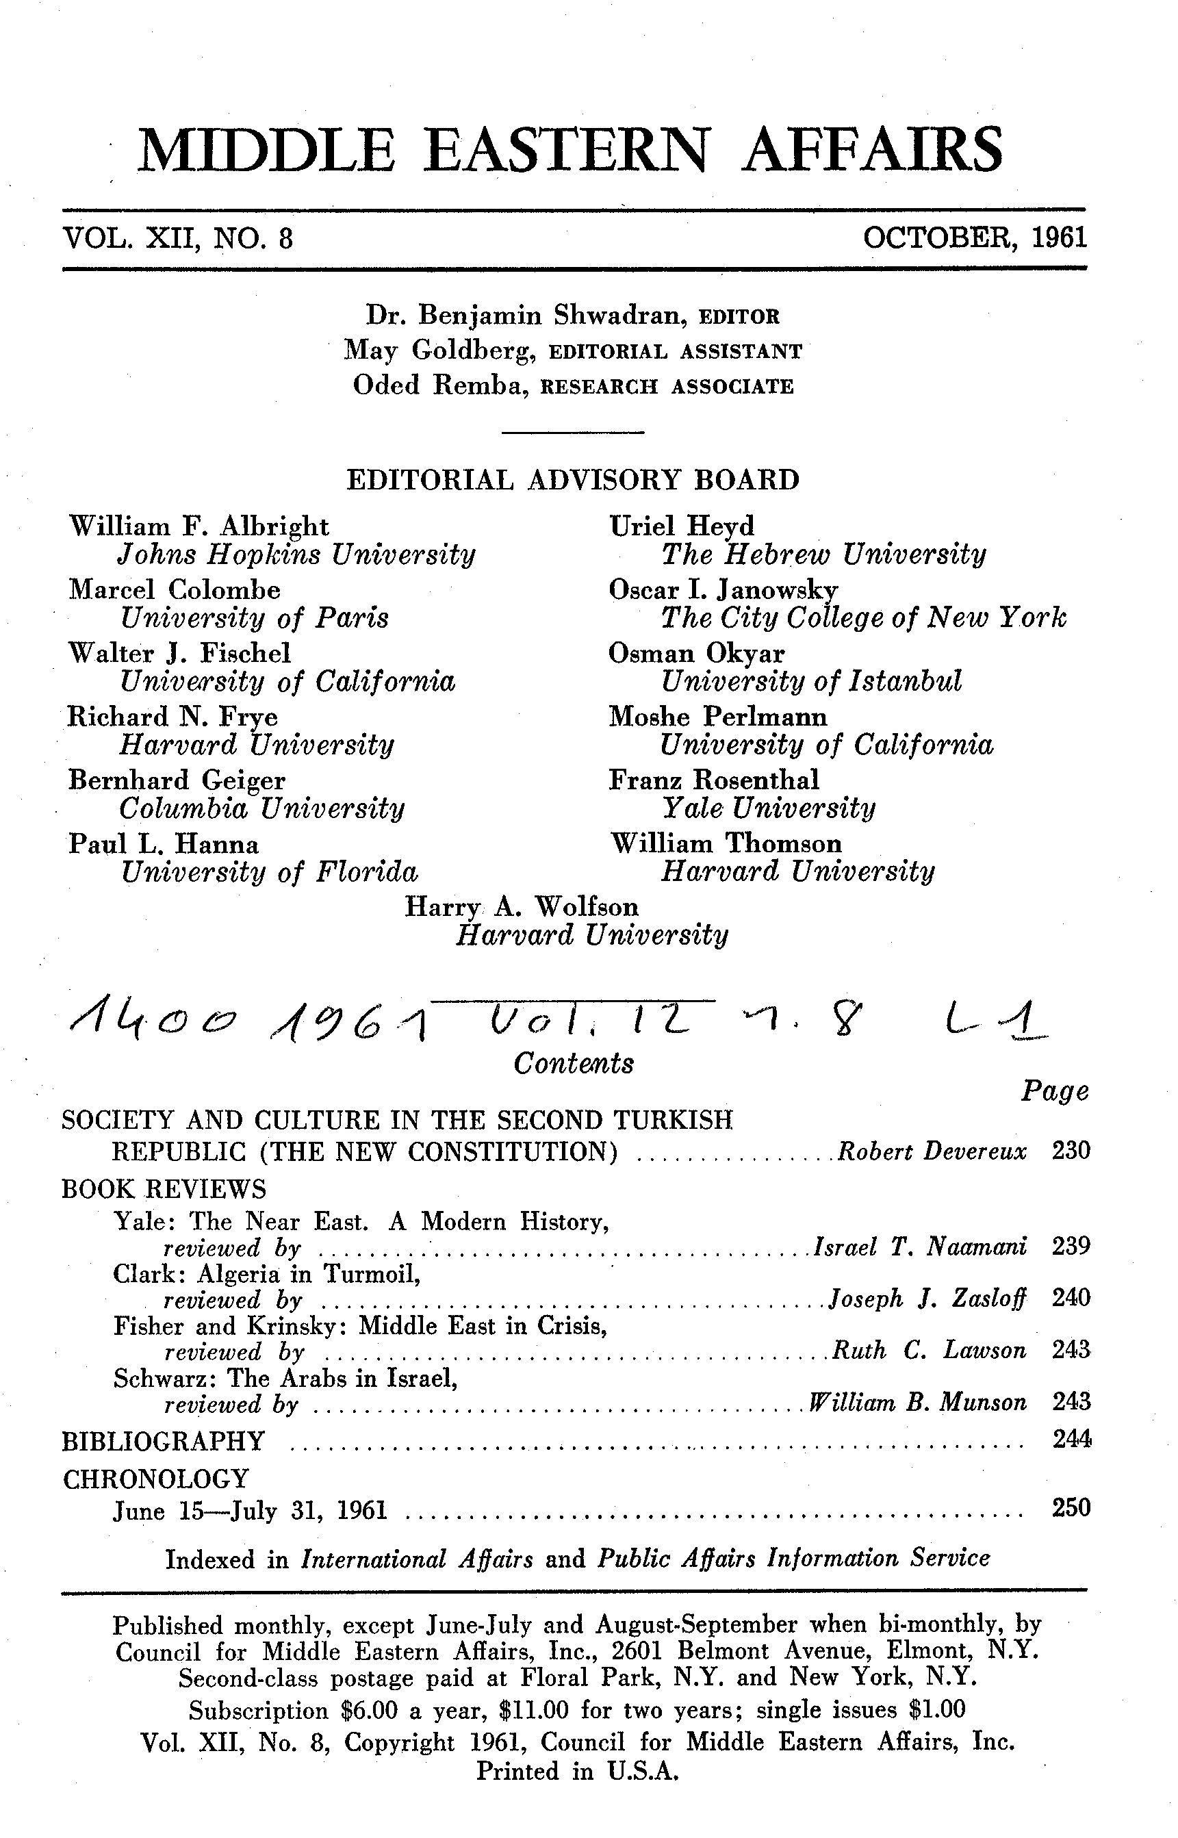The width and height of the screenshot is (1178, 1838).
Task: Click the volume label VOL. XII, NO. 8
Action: click(178, 239)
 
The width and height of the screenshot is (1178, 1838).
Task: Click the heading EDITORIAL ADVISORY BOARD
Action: click(573, 480)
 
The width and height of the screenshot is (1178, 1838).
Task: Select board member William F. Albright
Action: click(199, 526)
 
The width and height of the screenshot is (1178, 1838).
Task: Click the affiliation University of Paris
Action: click(255, 617)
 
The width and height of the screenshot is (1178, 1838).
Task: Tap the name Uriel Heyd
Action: click(681, 526)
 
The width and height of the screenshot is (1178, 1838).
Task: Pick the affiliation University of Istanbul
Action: click(811, 680)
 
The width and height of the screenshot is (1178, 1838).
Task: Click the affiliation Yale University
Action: click(768, 808)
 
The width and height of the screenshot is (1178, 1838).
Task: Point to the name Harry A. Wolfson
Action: click(521, 907)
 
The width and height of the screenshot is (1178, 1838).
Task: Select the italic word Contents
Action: click(573, 1063)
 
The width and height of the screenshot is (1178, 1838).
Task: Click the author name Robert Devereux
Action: click(932, 1151)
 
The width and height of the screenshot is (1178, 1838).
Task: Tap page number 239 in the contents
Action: click(1070, 1247)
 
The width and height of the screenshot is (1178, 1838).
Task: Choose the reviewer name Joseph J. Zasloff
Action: click(927, 1298)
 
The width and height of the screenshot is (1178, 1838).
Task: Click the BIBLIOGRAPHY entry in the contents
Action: click(163, 1441)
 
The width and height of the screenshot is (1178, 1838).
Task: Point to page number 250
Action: click(1070, 1507)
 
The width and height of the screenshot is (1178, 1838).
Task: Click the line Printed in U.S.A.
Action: click(578, 1772)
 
